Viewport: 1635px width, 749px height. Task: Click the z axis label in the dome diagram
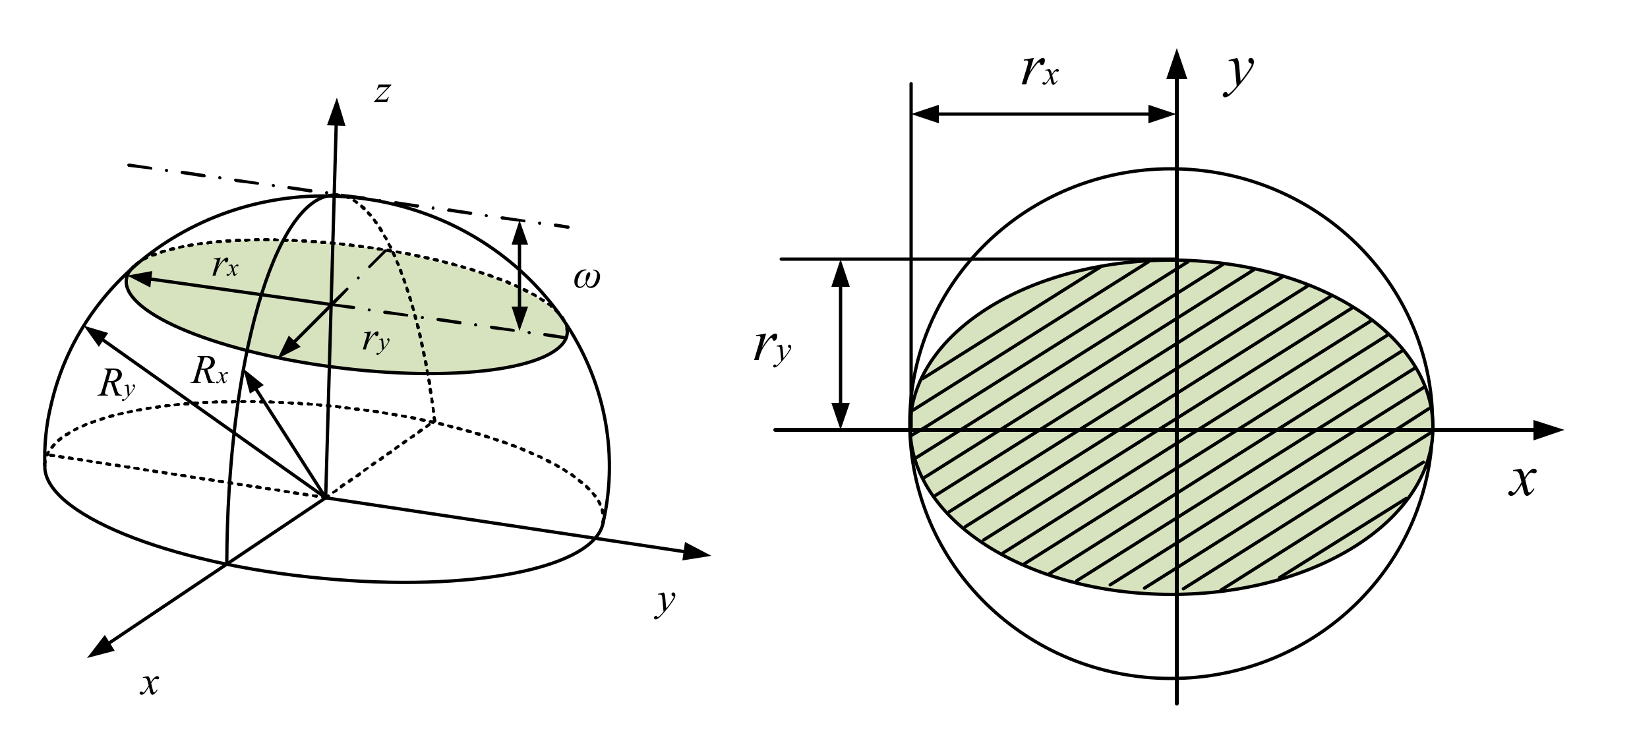point(382,92)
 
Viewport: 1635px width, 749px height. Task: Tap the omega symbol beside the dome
point(587,279)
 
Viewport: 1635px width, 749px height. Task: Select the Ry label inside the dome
point(116,384)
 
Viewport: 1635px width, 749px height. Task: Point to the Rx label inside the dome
point(209,371)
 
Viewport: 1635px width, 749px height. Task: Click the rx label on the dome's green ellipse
point(225,266)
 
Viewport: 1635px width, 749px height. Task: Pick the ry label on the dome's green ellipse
point(376,340)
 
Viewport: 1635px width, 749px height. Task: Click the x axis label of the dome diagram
point(150,684)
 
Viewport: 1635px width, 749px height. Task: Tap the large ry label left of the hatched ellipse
point(772,347)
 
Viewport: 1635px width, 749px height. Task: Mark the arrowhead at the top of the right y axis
point(1177,65)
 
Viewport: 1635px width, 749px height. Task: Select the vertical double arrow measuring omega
point(520,276)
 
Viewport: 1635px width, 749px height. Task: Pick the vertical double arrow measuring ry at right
point(840,344)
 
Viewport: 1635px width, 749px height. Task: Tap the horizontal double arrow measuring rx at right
point(1043,114)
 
